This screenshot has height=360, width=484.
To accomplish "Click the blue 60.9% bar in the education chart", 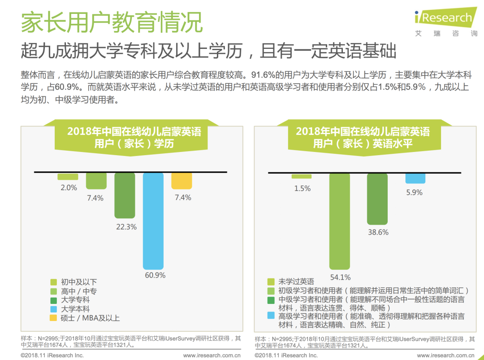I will pyautogui.click(x=153, y=220).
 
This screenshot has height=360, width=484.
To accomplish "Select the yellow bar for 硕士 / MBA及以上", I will pyautogui.click(x=181, y=181).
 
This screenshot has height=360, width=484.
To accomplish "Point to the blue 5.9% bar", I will pyautogui.click(x=415, y=178).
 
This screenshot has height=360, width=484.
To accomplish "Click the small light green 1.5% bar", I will pyautogui.click(x=302, y=176).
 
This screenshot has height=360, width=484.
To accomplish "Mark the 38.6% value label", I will pyautogui.click(x=377, y=232).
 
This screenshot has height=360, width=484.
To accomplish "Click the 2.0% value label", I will pyautogui.click(x=69, y=188).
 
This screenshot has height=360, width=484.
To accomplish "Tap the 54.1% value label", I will pyautogui.click(x=340, y=278).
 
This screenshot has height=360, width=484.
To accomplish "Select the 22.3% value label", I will pyautogui.click(x=126, y=227).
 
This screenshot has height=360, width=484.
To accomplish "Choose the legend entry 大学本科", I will pyautogui.click(x=75, y=309).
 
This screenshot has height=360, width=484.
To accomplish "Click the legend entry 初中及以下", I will pyautogui.click(x=78, y=282).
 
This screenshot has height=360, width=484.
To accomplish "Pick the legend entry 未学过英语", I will pyautogui.click(x=296, y=282).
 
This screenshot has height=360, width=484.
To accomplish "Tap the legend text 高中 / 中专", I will pyautogui.click(x=78, y=291).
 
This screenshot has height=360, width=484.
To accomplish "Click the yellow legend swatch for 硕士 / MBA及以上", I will pyautogui.click(x=53, y=318).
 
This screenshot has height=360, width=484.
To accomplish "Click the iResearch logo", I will pyautogui.click(x=445, y=18).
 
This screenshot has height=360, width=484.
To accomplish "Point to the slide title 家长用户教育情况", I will pyautogui.click(x=112, y=22).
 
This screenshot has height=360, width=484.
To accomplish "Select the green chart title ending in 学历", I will pyautogui.click(x=134, y=137).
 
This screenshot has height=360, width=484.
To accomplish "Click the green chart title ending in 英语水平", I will pyautogui.click(x=363, y=137).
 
